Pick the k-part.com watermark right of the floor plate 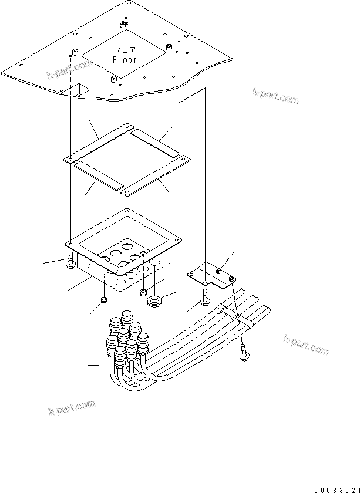[275, 96]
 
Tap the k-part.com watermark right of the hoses [306, 345]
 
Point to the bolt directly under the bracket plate [205, 297]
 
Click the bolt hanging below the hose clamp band [243, 352]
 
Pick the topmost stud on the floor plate [123, 25]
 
